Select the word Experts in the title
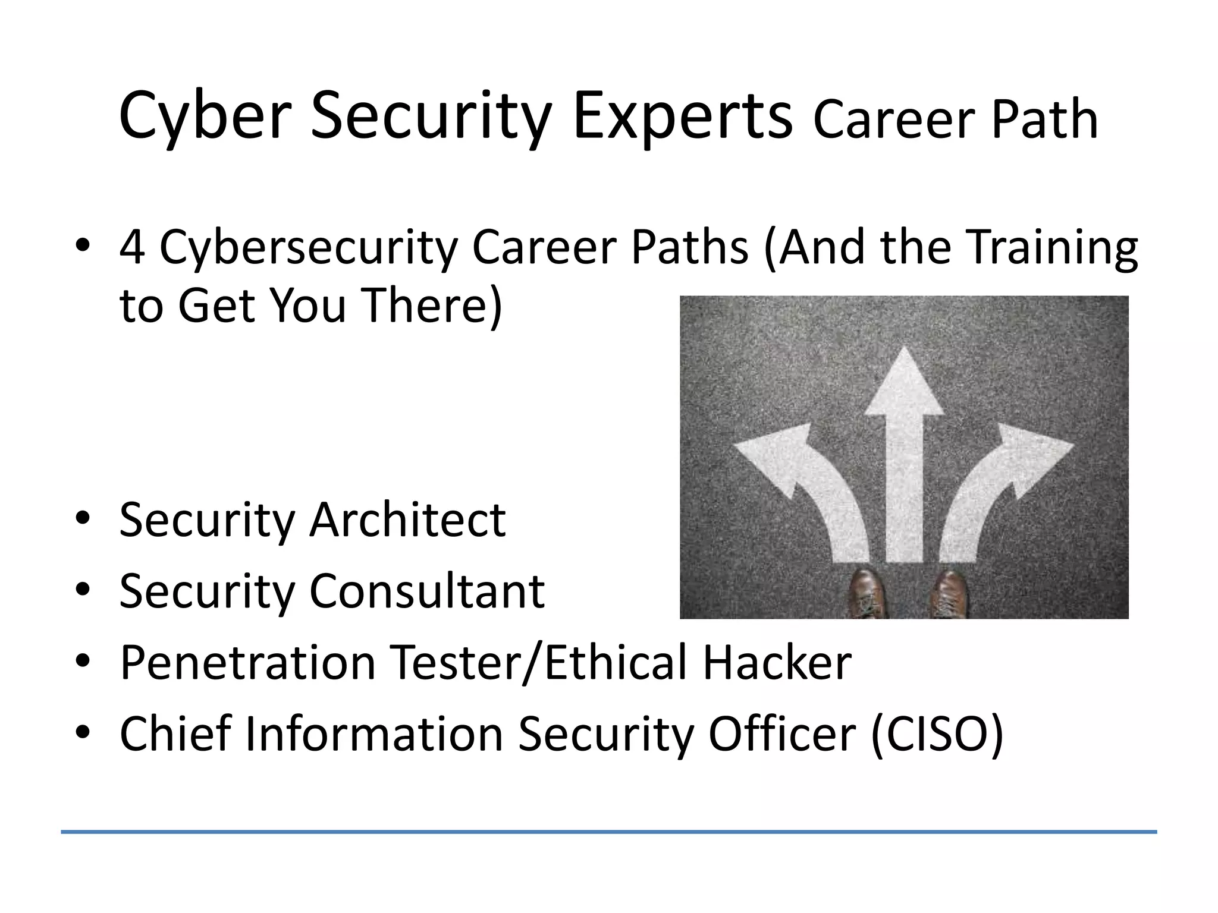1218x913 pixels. click(x=682, y=116)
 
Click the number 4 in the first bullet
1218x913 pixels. click(x=131, y=247)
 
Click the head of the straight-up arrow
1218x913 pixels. click(x=904, y=383)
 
